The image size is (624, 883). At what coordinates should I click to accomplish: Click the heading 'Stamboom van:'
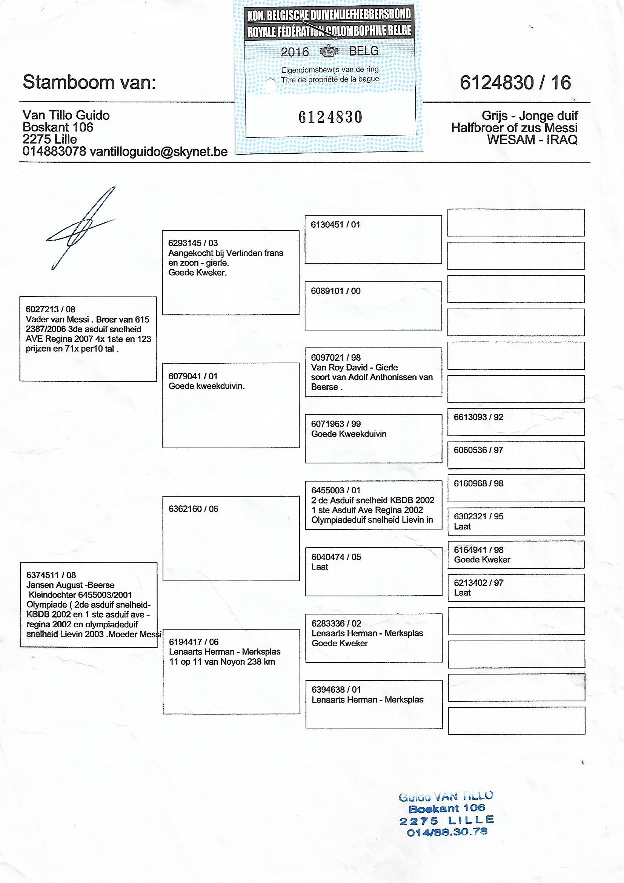[89, 82]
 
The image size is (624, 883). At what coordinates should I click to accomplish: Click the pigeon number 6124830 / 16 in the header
[515, 83]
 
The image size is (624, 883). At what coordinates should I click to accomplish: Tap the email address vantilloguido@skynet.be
[158, 151]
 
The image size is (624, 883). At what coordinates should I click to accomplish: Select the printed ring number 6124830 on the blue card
[330, 117]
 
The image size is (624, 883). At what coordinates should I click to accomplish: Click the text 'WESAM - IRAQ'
[532, 140]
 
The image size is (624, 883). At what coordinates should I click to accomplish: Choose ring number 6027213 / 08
[50, 309]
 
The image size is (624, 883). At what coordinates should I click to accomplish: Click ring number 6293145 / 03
[193, 243]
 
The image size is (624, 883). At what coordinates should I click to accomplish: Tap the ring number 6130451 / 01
[335, 225]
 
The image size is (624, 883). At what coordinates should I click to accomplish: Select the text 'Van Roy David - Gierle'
[354, 367]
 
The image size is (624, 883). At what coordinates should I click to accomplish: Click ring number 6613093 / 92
[478, 417]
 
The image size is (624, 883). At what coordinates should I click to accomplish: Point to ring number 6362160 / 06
[193, 509]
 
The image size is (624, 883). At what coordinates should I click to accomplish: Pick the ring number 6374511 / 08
[51, 575]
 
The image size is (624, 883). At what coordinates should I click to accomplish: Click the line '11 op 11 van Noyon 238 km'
[222, 661]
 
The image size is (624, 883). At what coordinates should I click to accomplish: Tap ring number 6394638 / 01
[336, 690]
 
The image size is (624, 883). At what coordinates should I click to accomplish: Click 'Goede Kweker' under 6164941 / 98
[482, 560]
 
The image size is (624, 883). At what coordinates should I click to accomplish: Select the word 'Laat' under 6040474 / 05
[320, 567]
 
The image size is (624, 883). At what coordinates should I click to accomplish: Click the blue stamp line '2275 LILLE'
[446, 821]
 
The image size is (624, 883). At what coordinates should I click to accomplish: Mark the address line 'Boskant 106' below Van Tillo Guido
[58, 127]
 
